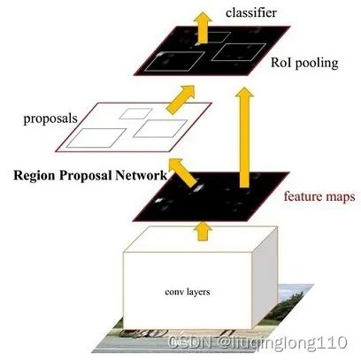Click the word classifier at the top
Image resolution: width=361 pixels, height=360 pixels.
point(251,12)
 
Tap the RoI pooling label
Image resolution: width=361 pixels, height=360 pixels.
point(304,63)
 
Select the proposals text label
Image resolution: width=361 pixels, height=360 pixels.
point(50,119)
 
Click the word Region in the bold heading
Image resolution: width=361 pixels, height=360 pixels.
point(35,175)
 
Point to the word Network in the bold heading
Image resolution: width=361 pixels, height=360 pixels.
point(141,175)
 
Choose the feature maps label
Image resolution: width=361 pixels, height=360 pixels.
point(319,196)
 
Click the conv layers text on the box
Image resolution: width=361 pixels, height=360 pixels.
point(188,292)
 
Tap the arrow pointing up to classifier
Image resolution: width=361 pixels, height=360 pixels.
point(203,27)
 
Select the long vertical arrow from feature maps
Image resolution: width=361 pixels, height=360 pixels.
point(244,137)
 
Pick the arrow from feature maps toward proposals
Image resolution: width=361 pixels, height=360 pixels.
point(183,172)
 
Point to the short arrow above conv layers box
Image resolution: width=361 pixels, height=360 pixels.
point(203,232)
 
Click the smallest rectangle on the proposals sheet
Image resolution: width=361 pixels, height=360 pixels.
point(136,113)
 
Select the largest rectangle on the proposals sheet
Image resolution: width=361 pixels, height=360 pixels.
point(96,138)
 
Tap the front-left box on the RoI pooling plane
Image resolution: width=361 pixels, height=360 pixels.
point(174,61)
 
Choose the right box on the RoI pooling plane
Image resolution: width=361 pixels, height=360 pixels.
point(239,52)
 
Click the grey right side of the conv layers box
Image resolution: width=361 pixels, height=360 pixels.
point(265,278)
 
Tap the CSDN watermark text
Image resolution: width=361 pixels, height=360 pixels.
point(257,342)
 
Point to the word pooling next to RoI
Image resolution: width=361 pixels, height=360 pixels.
point(317,64)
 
